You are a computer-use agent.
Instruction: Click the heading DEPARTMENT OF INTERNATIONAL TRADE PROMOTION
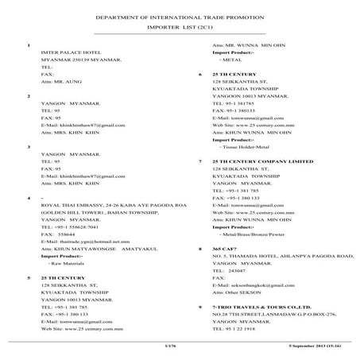coord(180,16)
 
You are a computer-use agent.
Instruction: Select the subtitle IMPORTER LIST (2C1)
coord(180,27)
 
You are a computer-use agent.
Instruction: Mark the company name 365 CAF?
coord(224,249)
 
